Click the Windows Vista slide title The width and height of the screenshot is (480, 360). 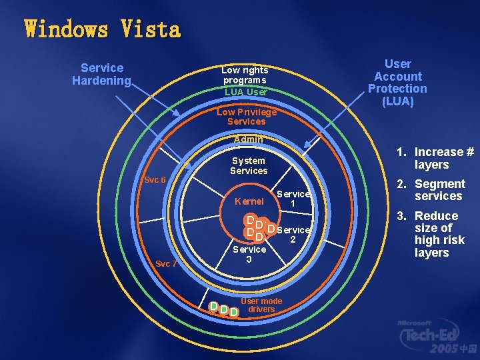[103, 30]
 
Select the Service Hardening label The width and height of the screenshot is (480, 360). [102, 74]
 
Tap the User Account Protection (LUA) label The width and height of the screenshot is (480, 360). [397, 83]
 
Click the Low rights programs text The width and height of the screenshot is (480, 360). [245, 75]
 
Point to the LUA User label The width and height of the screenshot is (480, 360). [245, 92]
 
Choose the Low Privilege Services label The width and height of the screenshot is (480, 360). [246, 117]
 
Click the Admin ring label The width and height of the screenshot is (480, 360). [248, 139]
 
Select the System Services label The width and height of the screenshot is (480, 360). [248, 165]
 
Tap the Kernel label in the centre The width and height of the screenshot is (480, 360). [249, 201]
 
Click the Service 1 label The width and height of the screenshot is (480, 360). [293, 198]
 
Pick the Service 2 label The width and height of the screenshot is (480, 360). [293, 234]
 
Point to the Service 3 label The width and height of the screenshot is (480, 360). [249, 253]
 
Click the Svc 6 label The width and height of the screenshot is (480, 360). [155, 180]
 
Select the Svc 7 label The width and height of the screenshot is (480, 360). [166, 263]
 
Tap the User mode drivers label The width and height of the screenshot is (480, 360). [261, 305]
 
